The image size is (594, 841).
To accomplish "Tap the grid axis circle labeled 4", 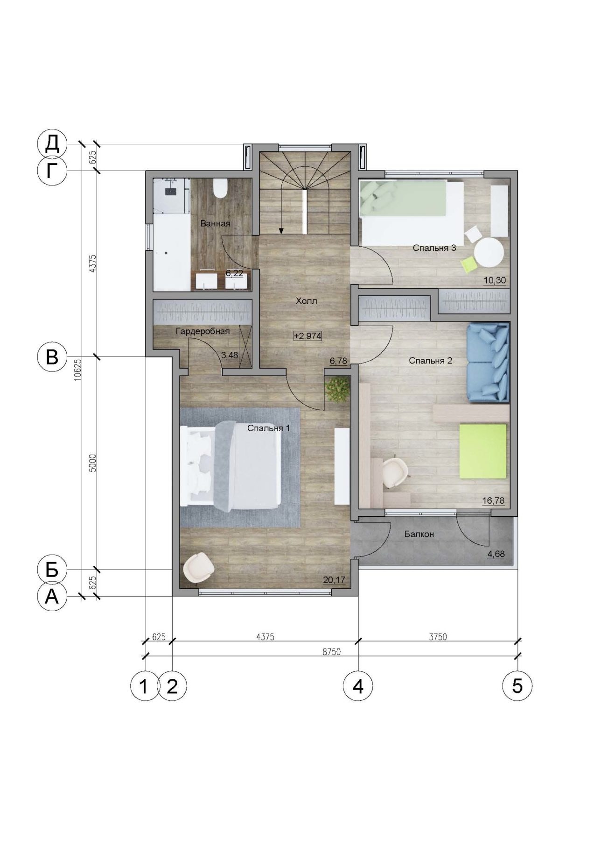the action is tap(358, 686).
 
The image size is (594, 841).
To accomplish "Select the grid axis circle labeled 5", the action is tap(517, 686).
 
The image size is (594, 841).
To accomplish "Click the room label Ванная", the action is tap(215, 223).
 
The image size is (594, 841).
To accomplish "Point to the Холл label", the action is tap(306, 301).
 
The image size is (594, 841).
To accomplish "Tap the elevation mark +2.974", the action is tap(307, 335).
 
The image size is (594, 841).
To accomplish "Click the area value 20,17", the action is tap(334, 580).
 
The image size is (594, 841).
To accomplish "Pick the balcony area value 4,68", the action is tap(496, 554).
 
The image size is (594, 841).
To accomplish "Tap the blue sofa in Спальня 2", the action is tap(488, 362).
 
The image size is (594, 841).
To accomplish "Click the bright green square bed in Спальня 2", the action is tap(483, 451).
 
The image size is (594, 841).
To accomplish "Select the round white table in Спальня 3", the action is tap(489, 252).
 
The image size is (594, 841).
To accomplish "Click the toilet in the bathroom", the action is tap(219, 188).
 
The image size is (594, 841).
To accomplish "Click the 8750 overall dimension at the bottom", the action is tap(331, 652).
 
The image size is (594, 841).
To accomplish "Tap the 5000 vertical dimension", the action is tap(92, 463).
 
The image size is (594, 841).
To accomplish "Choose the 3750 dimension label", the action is tap(437, 637).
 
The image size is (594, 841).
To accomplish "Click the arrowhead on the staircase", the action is tap(281, 230).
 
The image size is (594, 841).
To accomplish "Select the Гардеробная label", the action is tap(203, 331).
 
